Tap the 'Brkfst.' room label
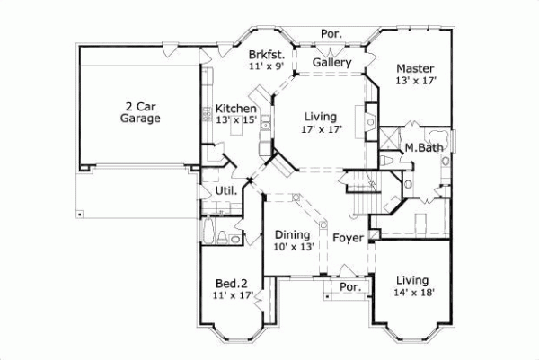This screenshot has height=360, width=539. point(267,55)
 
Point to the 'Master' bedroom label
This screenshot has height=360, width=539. point(414,68)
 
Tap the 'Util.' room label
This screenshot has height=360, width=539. point(226,190)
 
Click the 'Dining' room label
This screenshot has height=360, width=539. point(293,235)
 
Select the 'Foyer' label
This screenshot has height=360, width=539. point(347,238)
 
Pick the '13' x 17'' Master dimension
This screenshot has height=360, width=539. point(414,81)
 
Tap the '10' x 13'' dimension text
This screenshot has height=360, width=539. point(293,247)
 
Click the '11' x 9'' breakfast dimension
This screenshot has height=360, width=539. point(267,66)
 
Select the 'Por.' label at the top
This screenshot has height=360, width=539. point(330,35)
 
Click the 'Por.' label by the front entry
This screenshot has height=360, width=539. point(349,287)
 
